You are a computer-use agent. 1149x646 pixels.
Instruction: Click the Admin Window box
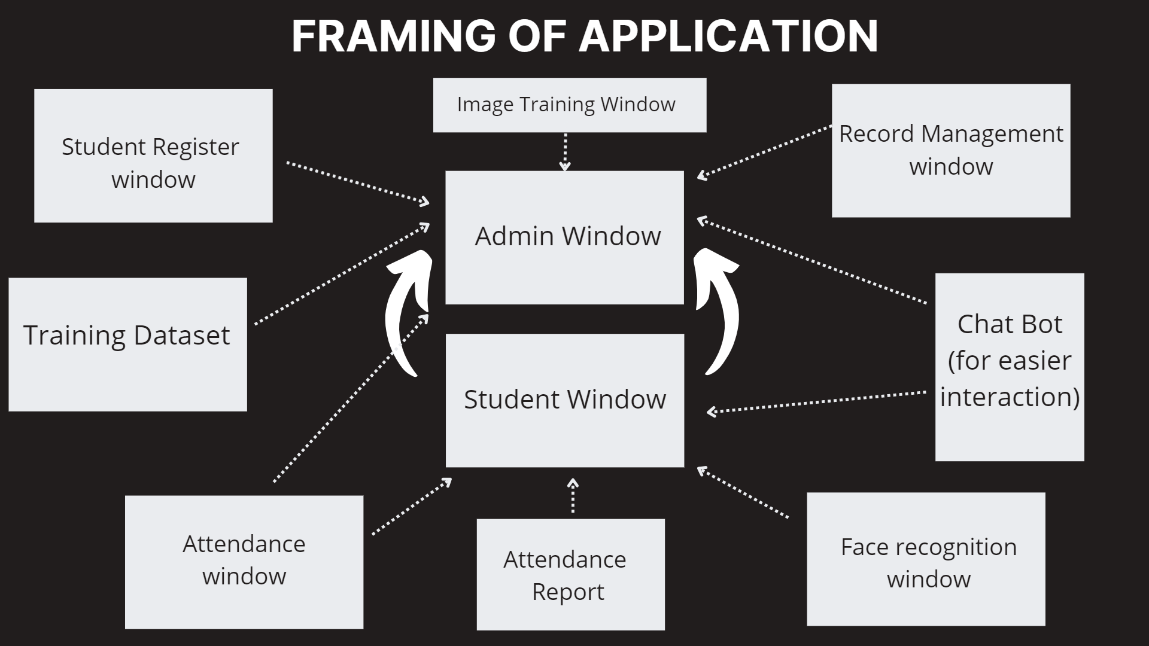coord(564,237)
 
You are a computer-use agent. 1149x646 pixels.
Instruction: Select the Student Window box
coord(564,400)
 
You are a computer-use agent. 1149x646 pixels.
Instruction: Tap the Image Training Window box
coord(569,105)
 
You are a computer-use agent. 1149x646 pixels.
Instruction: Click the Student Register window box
coord(153,156)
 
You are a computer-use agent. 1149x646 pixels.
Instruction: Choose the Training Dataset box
coord(127,344)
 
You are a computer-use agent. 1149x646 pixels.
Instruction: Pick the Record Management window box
coord(950,150)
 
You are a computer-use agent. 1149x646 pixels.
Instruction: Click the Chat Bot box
coord(1009,367)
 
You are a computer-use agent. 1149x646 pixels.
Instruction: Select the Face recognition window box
coord(925,559)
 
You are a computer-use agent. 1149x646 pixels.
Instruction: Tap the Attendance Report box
coord(570,574)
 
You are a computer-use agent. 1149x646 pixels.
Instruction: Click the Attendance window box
coord(244,562)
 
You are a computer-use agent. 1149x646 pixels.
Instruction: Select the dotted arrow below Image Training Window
coord(565,152)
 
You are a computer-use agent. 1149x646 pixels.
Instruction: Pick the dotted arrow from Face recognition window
coord(742,492)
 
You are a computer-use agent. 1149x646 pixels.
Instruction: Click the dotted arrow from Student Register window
coord(357,182)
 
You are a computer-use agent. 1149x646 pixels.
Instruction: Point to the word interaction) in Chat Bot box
coord(1009,397)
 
